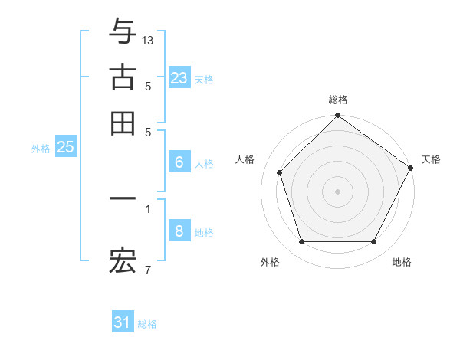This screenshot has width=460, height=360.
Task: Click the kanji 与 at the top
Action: click(x=123, y=31)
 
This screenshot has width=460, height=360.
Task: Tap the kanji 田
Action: click(x=123, y=123)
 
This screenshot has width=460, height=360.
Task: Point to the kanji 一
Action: click(x=123, y=198)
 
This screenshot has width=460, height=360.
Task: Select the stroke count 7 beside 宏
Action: click(x=148, y=270)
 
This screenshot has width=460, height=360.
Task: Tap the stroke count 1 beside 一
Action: click(x=148, y=208)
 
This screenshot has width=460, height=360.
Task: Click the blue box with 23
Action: click(x=179, y=77)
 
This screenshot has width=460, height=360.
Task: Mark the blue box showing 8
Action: click(x=179, y=231)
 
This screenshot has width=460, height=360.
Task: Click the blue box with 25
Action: click(x=65, y=148)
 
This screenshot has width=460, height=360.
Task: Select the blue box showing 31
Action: click(x=123, y=322)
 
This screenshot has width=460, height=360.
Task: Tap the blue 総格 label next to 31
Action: click(x=147, y=324)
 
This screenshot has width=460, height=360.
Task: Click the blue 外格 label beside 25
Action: click(x=41, y=149)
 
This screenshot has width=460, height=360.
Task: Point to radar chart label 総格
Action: click(x=338, y=100)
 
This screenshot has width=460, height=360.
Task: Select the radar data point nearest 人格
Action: click(x=280, y=172)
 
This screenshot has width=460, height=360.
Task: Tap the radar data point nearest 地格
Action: click(x=374, y=241)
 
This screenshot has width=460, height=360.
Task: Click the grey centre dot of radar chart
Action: click(x=338, y=191)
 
